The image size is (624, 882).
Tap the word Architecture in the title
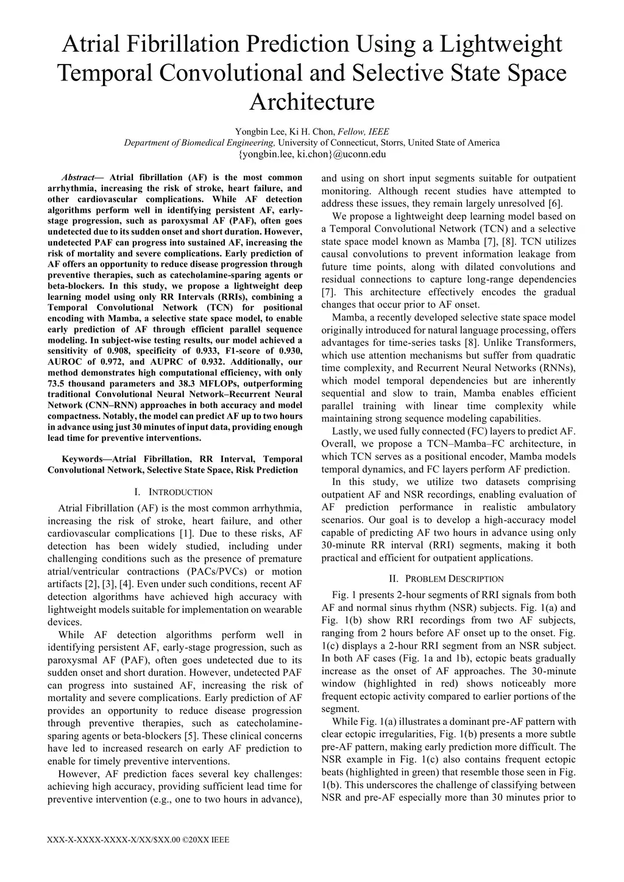coord(311,102)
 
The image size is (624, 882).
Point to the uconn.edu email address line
coord(311,154)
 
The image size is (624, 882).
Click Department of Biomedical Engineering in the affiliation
coord(200,143)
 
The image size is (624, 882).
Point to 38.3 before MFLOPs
coord(186,383)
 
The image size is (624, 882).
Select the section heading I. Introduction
coord(174,492)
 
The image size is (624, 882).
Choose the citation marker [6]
coord(555,203)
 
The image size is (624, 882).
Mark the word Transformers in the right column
coord(545,342)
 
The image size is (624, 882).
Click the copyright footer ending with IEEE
coord(138,840)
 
